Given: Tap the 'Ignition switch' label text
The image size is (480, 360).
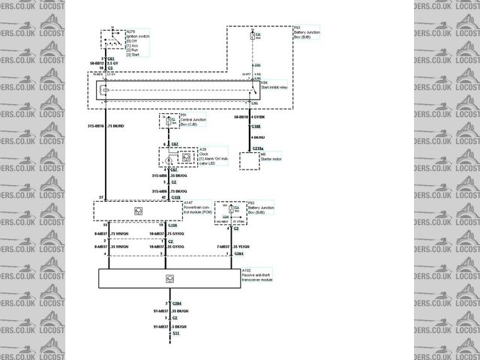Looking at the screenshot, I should coord(137,35).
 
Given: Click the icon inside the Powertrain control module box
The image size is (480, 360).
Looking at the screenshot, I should coord(137,211).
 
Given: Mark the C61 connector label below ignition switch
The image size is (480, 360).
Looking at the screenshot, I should coord(110,57).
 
